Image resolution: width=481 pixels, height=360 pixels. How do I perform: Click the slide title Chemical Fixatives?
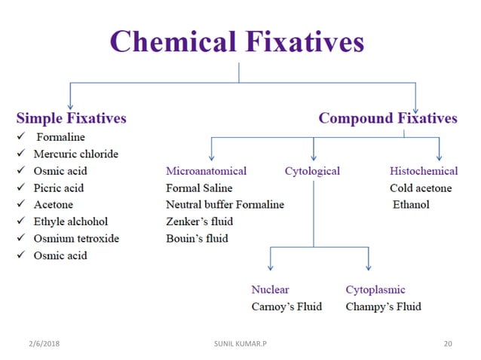click(238, 41)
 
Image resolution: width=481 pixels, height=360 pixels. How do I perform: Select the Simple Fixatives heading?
click(72, 118)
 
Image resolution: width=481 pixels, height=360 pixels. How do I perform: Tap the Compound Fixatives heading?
click(388, 118)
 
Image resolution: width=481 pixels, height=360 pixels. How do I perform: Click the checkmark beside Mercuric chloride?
click(21, 154)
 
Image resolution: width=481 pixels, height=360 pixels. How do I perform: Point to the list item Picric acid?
click(59, 188)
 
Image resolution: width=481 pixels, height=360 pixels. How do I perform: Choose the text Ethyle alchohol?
click(71, 221)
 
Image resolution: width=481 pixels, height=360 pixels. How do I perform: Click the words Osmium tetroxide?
click(76, 239)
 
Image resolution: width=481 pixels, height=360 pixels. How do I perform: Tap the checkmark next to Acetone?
click(21, 205)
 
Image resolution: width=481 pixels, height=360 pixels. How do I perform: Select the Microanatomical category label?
click(206, 172)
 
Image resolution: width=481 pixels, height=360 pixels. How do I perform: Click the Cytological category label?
click(312, 172)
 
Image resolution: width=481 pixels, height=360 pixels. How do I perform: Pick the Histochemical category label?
click(424, 172)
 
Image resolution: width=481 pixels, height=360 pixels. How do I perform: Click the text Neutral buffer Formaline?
click(225, 205)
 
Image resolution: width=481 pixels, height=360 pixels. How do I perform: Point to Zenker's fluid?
click(199, 222)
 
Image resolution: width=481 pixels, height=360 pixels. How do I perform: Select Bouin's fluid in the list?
click(197, 239)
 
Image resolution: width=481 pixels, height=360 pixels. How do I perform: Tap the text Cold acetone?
click(421, 188)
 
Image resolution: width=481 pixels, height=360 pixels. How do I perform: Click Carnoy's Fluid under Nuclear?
click(286, 307)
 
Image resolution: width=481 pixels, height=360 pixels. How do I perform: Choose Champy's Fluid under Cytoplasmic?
click(383, 307)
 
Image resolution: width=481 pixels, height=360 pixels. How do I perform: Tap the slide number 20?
click(448, 343)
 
